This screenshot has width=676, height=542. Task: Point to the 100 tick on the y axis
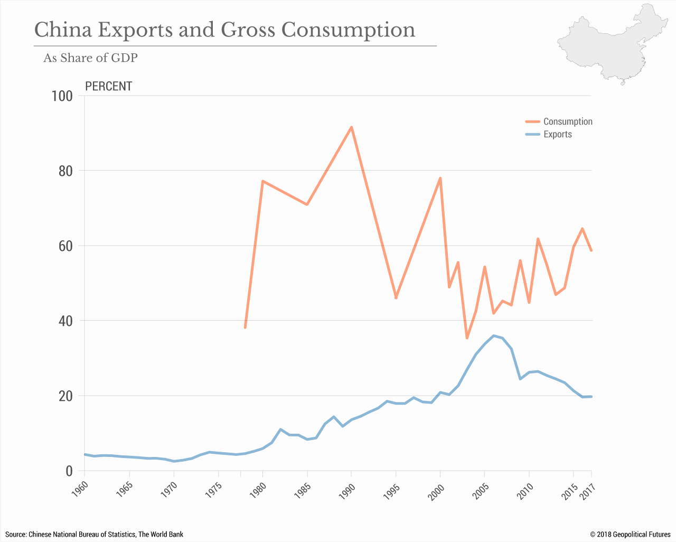(62, 96)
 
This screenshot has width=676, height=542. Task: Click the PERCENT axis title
(108, 86)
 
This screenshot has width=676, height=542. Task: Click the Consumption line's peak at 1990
(351, 127)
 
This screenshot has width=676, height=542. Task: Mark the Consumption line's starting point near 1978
(245, 328)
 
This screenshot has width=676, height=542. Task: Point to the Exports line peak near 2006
(494, 335)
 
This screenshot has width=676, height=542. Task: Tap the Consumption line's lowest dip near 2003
(467, 338)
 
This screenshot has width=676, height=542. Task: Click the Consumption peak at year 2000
(440, 178)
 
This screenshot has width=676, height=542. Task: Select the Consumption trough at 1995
(396, 298)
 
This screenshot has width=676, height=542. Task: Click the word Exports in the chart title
(135, 30)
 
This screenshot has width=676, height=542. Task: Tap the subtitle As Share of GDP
(90, 58)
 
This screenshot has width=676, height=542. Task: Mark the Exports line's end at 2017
(591, 396)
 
